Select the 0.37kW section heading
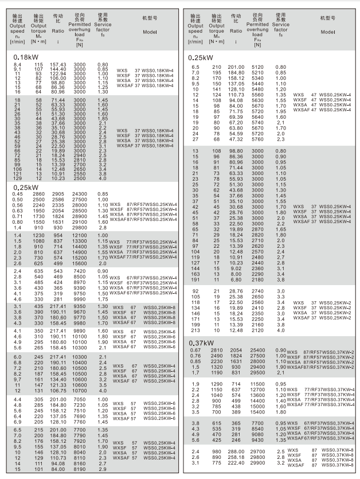(x=201, y=343)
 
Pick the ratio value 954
(x=59, y=236)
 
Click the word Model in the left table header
(x=150, y=32)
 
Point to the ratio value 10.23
(x=58, y=178)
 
